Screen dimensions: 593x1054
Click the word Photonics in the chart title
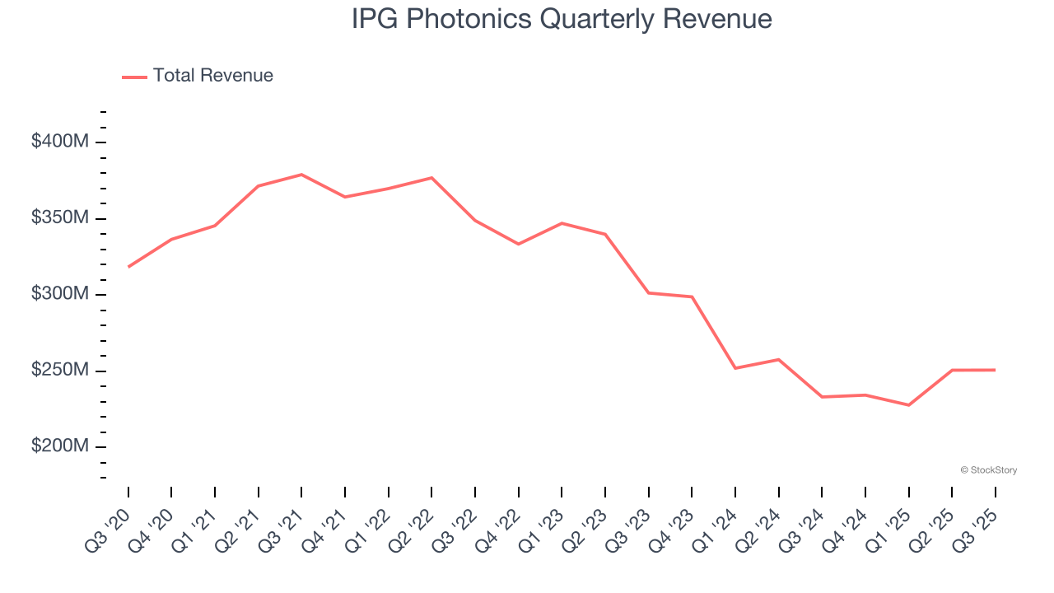(x=475, y=20)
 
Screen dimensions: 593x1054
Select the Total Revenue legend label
(x=212, y=76)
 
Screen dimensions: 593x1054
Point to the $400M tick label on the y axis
(x=59, y=142)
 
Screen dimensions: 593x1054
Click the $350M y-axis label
(x=59, y=218)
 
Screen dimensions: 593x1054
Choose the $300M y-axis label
(x=59, y=294)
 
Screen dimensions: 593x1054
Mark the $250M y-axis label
(x=59, y=371)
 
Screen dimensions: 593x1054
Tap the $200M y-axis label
(x=59, y=446)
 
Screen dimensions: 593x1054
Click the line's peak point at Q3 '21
(x=301, y=175)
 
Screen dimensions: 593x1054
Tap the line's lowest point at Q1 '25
(x=908, y=405)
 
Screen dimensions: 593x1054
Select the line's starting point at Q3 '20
(x=128, y=267)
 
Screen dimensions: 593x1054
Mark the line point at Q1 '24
(x=735, y=368)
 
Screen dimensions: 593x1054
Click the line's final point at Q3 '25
(x=995, y=370)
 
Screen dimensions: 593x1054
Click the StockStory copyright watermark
(x=988, y=470)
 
